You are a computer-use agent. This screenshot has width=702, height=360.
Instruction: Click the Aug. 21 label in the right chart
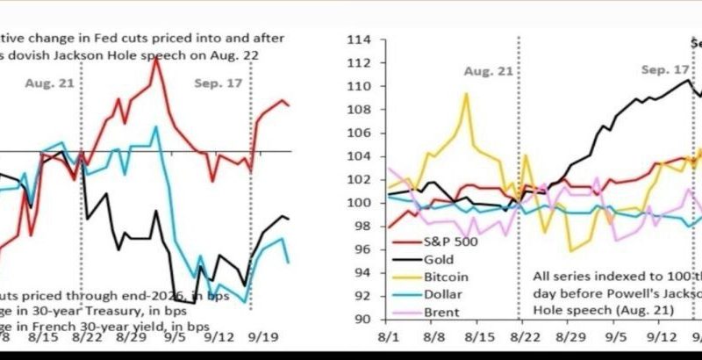pyautogui.click(x=488, y=69)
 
